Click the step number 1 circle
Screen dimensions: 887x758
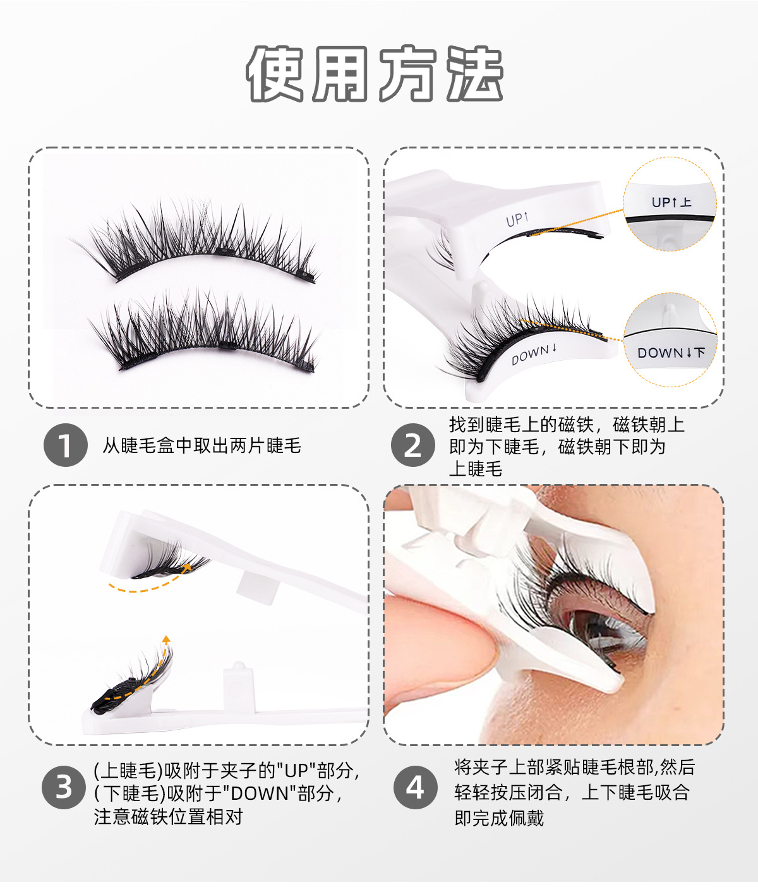click(x=65, y=445)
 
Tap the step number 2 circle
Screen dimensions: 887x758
click(x=413, y=445)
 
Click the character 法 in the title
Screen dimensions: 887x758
click(x=475, y=74)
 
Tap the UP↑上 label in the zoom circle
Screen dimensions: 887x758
click(x=671, y=202)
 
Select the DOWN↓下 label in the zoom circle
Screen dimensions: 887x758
click(x=671, y=353)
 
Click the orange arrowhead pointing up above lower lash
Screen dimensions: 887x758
click(x=166, y=639)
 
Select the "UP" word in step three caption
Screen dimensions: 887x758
click(x=296, y=771)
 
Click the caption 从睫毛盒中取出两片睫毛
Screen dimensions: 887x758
click(x=202, y=446)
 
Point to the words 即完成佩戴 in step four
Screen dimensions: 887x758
click(x=499, y=818)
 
